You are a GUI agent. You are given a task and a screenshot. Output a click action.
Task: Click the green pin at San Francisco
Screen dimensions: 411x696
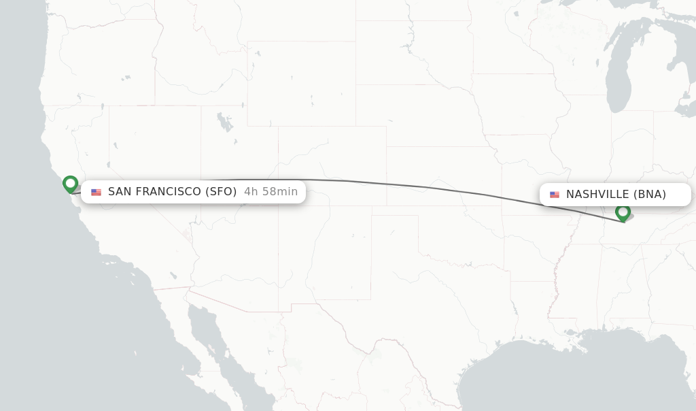(x=70, y=184)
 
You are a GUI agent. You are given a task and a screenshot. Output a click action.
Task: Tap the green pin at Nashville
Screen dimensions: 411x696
(x=623, y=212)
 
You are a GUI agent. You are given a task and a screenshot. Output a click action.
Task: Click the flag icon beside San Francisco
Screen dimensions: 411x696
(x=96, y=193)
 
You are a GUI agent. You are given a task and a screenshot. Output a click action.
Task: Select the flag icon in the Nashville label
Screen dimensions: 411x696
(x=555, y=195)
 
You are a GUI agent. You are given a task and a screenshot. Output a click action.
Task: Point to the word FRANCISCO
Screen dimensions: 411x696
(x=167, y=192)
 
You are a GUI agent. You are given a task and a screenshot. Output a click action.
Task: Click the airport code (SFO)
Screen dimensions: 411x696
(x=221, y=192)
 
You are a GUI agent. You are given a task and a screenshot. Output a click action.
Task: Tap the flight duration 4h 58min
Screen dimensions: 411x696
(x=271, y=192)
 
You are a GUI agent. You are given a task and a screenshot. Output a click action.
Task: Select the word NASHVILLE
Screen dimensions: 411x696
(x=597, y=195)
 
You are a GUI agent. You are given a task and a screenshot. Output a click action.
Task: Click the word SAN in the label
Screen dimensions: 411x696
(x=120, y=192)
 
